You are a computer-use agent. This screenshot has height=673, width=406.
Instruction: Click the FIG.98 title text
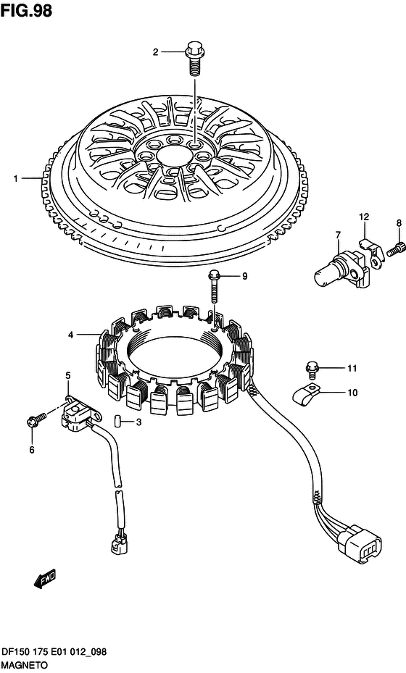coord(26,10)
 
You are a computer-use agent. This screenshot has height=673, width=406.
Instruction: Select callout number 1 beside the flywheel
coord(16,178)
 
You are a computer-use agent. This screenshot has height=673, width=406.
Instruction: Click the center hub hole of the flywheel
coord(174,154)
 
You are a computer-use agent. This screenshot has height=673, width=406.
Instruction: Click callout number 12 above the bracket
coord(364,217)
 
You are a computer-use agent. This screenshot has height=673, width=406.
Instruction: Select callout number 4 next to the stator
coord(71,335)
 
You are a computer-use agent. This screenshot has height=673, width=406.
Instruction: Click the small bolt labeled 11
coord(312,369)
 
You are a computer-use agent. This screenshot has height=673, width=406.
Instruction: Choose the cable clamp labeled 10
coord(307,394)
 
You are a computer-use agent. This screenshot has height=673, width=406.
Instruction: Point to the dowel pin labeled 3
coord(117,421)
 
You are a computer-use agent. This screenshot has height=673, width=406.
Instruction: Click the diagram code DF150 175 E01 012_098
coord(54,653)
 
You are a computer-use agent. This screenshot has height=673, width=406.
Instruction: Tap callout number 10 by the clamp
coord(352,393)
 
